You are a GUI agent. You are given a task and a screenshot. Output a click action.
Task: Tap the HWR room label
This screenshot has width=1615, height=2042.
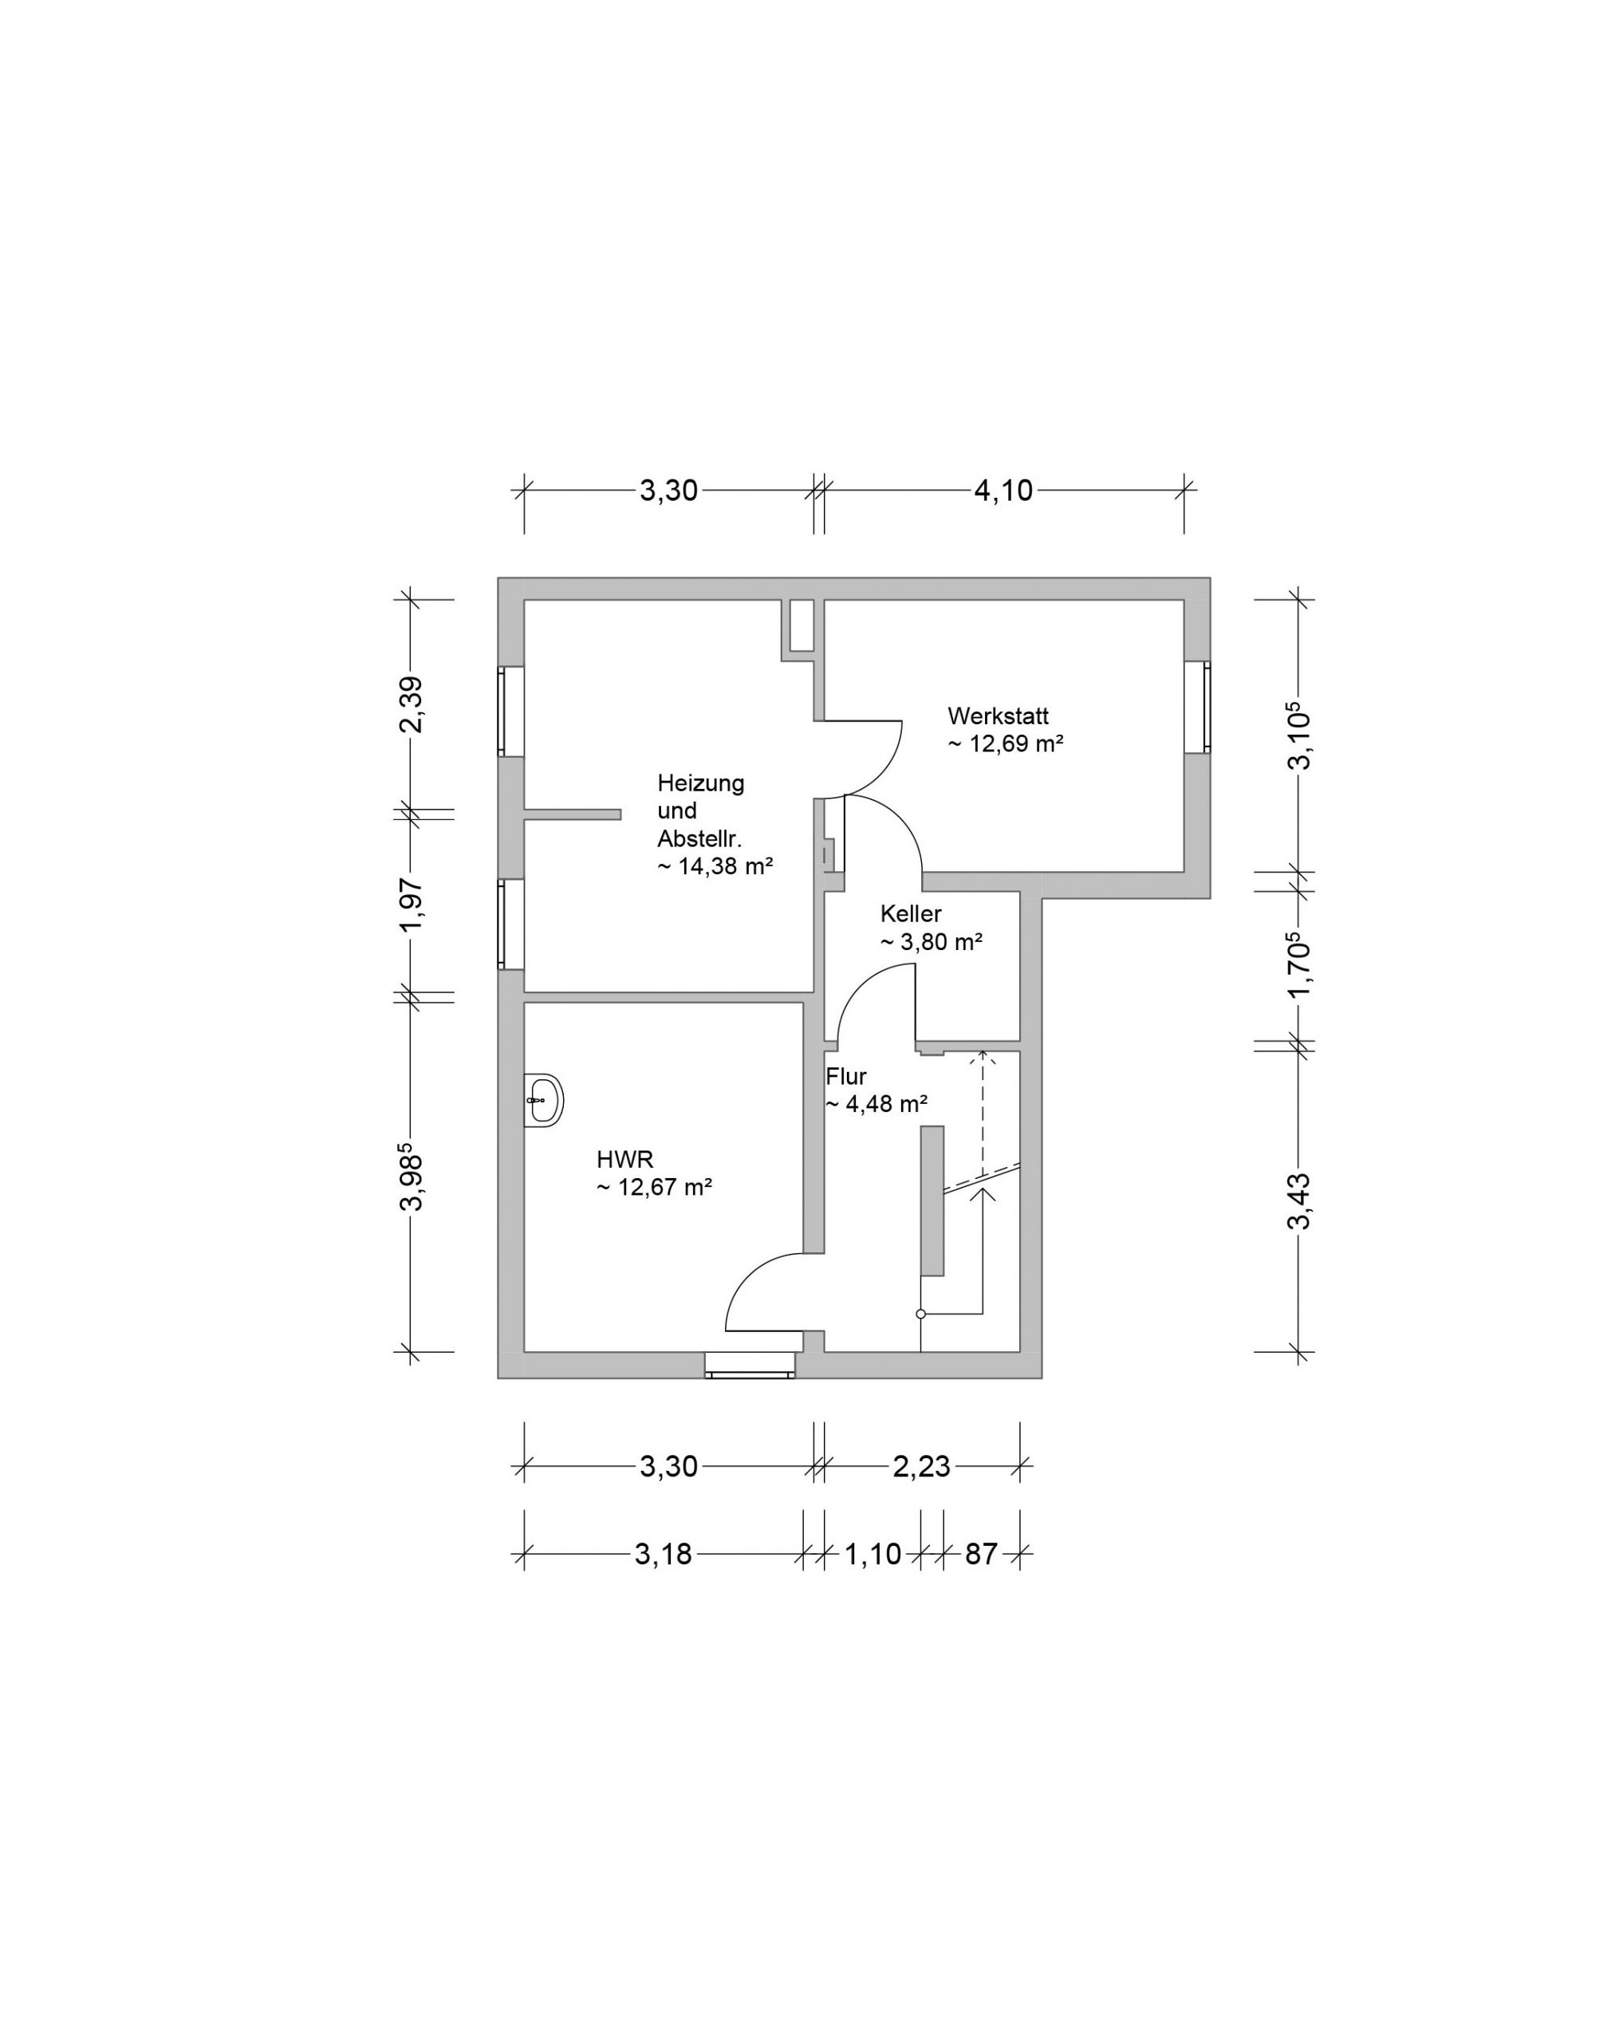click(x=625, y=1159)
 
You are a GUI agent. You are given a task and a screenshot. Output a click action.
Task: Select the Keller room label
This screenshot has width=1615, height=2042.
click(x=911, y=913)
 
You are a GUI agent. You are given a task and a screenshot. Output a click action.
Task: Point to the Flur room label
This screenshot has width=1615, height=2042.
click(x=846, y=1075)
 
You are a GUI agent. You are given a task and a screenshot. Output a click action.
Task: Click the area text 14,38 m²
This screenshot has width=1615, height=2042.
click(x=727, y=865)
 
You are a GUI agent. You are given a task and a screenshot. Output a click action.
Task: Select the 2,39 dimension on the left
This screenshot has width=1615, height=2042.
click(x=411, y=704)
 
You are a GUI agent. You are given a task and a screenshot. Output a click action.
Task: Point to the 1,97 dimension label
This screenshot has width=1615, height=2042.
click(x=411, y=905)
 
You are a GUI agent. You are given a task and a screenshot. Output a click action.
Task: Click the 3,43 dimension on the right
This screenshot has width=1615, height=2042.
click(x=1299, y=1200)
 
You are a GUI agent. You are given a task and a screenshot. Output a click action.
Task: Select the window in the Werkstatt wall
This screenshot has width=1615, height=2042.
click(x=1197, y=707)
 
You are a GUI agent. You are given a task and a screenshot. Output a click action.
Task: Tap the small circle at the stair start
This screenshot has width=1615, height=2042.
click(x=920, y=1314)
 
